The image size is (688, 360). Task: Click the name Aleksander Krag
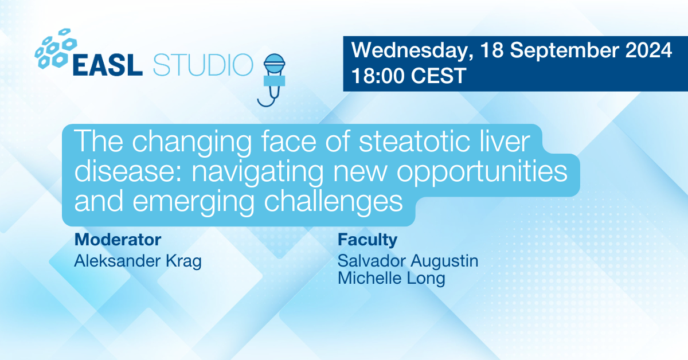[x=138, y=261]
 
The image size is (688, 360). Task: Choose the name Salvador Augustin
[x=408, y=261]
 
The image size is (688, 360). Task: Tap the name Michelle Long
[x=391, y=279]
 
